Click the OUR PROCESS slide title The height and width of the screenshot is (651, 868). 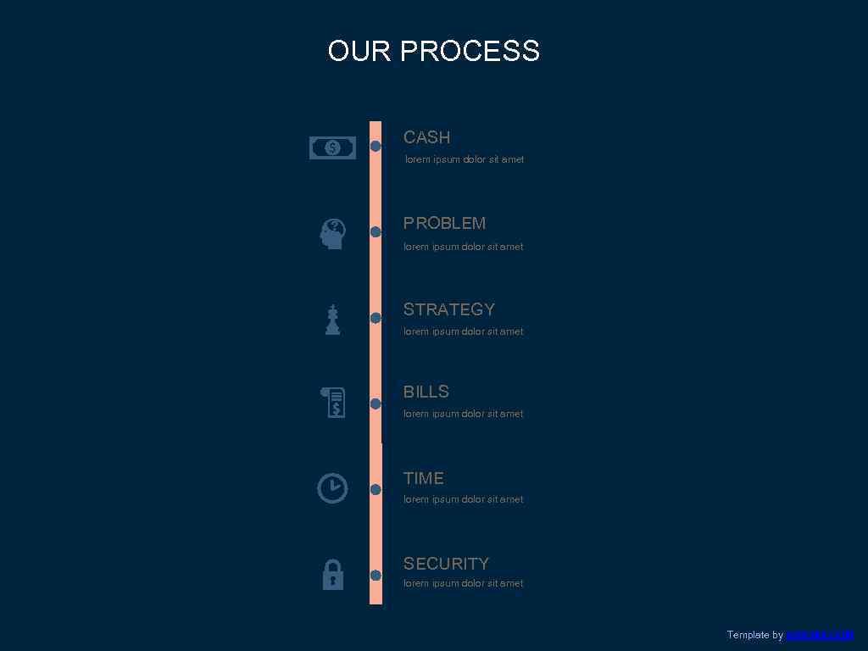(433, 51)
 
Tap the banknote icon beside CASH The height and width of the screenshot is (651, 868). (332, 148)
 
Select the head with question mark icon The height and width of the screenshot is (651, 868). (332, 234)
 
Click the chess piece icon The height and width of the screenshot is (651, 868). (332, 320)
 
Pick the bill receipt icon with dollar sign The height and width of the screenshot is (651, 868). (334, 402)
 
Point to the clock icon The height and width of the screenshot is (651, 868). (332, 488)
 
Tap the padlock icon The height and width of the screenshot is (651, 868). (332, 575)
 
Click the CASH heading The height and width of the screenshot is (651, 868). (426, 137)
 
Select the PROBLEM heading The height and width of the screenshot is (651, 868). (444, 223)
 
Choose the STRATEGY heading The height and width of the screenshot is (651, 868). (448, 309)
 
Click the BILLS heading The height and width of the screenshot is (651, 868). (426, 392)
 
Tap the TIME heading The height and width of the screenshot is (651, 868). (423, 478)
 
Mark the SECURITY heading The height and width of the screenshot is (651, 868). (446, 564)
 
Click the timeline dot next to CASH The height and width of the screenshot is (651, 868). (376, 147)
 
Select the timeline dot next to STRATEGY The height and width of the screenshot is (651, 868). (376, 318)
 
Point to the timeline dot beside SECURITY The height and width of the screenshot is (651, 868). (376, 576)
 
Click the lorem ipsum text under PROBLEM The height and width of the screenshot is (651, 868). (463, 247)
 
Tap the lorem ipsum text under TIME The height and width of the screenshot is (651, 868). (463, 499)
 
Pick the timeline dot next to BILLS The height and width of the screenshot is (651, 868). (376, 403)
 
